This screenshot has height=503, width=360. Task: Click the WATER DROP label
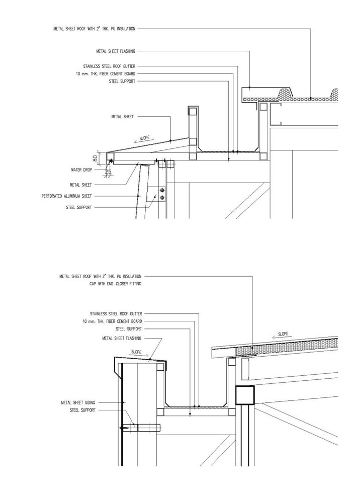pos(81,170)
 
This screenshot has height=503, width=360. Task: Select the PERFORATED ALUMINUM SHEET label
pos(67,196)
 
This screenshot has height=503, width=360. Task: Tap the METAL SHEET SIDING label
pos(78,402)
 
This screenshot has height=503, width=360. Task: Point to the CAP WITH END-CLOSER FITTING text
pos(116,284)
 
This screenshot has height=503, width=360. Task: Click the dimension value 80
pos(95,158)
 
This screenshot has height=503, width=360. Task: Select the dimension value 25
pos(109,172)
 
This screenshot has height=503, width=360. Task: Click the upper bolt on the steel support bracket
pos(162,191)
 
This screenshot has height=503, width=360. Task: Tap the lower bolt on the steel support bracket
pos(162,198)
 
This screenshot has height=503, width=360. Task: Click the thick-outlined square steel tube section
pos(245,395)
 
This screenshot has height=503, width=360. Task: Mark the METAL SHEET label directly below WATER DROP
pos(81,185)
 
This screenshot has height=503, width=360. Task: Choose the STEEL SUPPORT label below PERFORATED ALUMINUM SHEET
pos(79,208)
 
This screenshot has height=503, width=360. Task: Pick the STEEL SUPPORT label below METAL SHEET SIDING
pos(82,410)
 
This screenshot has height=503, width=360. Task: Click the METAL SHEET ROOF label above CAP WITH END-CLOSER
pos(101,276)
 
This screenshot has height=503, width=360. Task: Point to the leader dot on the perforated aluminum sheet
pos(138,196)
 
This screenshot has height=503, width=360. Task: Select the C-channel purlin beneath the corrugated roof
pos(276,114)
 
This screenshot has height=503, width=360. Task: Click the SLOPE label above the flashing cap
pos(136,352)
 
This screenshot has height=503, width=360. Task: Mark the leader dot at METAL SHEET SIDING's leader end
pos(123,402)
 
